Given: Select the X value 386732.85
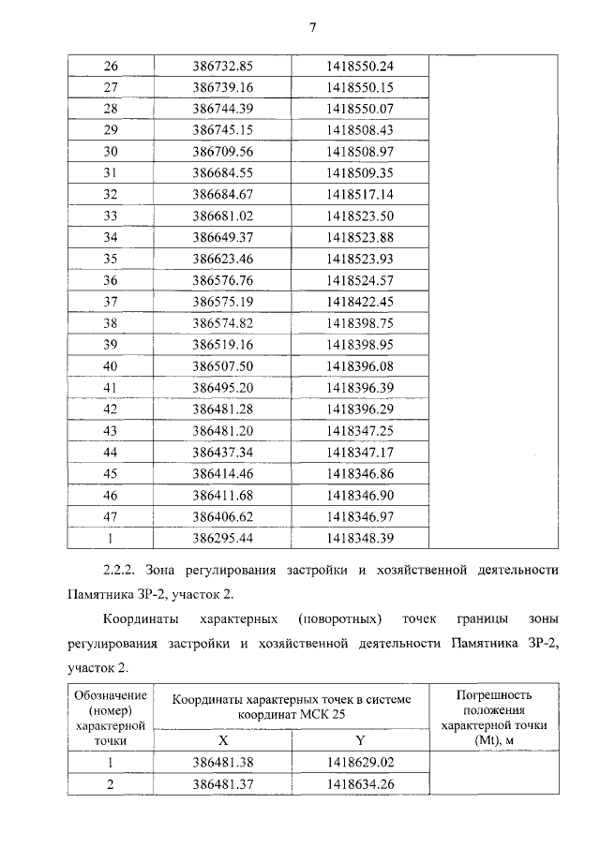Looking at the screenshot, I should coord(223,66).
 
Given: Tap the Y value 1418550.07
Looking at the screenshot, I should coord(360,109).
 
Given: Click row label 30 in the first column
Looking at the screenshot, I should coord(110,151).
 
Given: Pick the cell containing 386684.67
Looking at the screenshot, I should coord(223,194).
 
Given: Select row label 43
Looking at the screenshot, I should coord(110,429).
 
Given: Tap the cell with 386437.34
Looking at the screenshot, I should coord(223,451).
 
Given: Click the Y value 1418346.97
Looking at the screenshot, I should coord(360,515).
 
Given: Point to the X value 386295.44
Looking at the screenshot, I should coord(223,537).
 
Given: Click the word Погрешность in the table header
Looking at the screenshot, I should coord(493,695).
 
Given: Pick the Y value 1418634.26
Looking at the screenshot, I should coord(360,784).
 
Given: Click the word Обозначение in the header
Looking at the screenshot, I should coord(110,695).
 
